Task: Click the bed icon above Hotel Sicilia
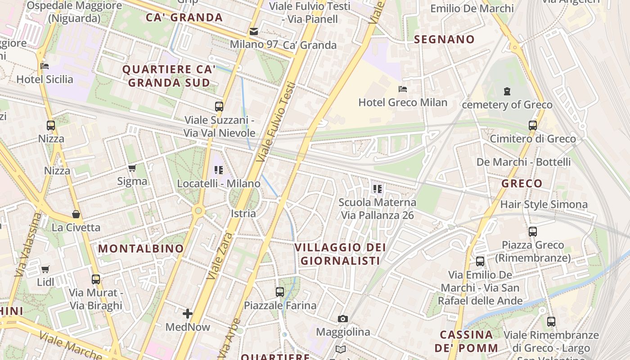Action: click(45, 66)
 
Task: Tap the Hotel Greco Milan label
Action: click(403, 103)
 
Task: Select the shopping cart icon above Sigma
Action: click(132, 168)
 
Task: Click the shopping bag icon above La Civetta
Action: click(76, 214)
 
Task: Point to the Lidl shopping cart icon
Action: click(45, 270)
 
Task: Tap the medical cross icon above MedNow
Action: click(188, 313)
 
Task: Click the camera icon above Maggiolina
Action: click(343, 319)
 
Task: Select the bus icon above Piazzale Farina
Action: click(280, 292)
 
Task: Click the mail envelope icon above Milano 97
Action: click(254, 31)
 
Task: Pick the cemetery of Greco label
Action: click(507, 105)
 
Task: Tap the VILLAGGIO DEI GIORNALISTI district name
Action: click(340, 254)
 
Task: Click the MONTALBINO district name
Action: click(141, 248)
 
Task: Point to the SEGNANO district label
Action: click(444, 40)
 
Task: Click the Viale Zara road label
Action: click(220, 257)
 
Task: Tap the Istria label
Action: click(243, 213)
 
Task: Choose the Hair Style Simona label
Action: click(544, 205)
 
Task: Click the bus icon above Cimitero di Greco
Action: click(533, 126)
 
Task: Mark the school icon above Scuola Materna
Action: click(377, 189)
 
